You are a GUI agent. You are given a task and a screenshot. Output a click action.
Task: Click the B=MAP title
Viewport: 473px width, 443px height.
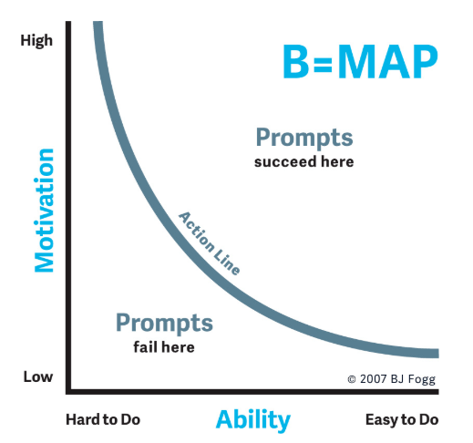[x=361, y=62]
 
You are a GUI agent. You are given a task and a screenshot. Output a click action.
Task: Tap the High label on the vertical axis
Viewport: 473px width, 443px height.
[x=36, y=41]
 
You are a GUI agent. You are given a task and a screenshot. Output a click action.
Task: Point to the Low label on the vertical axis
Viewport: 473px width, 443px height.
[x=38, y=376]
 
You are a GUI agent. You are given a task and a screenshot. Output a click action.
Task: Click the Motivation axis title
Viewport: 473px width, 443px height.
[x=45, y=210]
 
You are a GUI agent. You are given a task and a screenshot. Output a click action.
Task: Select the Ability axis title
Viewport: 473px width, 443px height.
[x=253, y=420]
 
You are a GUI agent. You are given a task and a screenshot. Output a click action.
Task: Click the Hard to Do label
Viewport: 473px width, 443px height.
[x=103, y=419]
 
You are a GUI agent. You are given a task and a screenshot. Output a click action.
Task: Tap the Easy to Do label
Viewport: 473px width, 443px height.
[x=402, y=420]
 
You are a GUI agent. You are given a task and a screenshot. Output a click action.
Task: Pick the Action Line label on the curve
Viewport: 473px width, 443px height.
[x=210, y=243]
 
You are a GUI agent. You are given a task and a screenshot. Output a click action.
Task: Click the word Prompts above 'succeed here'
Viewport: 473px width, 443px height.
[x=304, y=138]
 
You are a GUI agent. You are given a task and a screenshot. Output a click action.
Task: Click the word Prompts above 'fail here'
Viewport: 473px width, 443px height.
[x=164, y=323]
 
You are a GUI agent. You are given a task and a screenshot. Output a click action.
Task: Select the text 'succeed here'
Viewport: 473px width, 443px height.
[x=304, y=162]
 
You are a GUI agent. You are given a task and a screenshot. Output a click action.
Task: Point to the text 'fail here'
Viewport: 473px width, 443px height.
[x=164, y=347]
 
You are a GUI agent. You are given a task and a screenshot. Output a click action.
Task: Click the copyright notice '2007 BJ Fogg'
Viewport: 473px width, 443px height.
[x=397, y=379]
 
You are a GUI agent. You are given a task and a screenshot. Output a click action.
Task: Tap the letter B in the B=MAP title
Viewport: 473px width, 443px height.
[x=296, y=62]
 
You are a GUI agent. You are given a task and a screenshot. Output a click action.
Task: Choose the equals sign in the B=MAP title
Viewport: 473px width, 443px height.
[x=323, y=63]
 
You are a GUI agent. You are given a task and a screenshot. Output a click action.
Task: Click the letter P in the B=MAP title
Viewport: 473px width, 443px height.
[x=426, y=62]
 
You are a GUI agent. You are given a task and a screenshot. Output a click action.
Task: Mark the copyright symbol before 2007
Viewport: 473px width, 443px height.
[x=352, y=379]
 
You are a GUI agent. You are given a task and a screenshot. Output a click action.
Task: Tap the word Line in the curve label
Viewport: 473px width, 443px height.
[x=227, y=261]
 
